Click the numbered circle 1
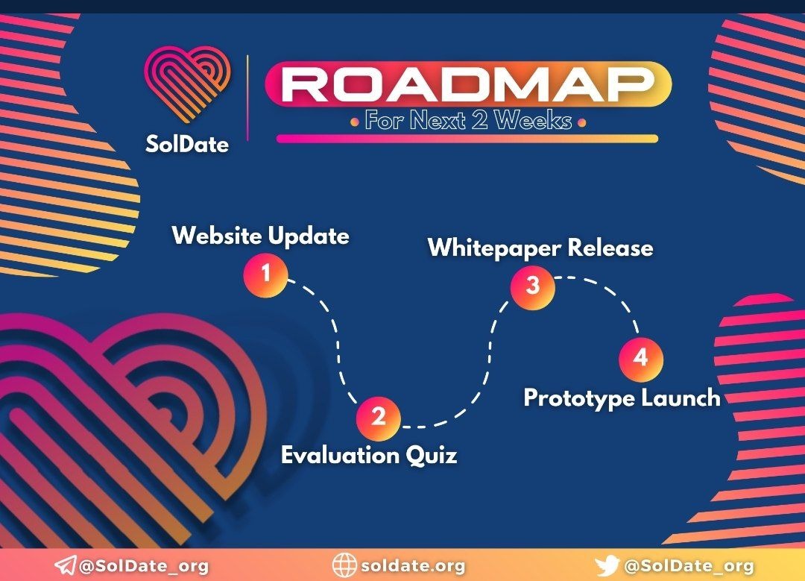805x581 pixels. tap(265, 274)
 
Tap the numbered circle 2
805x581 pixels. tap(379, 417)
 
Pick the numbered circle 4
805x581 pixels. tap(641, 358)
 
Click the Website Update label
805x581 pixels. tap(261, 236)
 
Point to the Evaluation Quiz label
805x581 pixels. tap(369, 455)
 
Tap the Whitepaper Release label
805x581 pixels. tap(540, 248)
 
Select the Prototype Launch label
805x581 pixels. tap(622, 398)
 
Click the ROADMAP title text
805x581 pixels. tap(467, 84)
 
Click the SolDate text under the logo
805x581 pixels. tap(187, 144)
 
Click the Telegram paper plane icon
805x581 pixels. tap(65, 565)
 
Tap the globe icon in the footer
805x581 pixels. tap(344, 565)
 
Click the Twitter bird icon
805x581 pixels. tap(607, 566)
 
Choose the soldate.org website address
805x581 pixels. tap(413, 566)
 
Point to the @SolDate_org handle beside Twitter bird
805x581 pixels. tap(689, 566)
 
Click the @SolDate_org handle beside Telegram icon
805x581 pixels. tap(144, 566)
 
